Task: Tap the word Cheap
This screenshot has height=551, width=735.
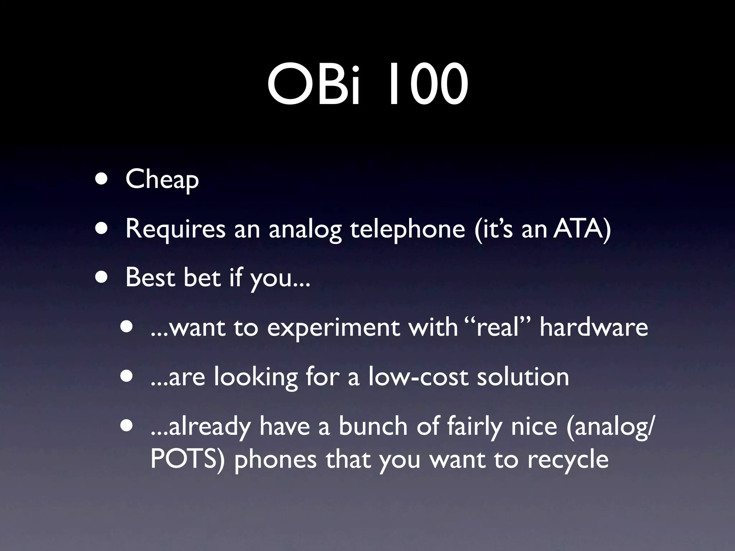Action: click(x=162, y=179)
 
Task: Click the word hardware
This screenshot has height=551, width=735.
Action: click(x=594, y=327)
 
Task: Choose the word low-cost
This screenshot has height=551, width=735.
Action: click(x=418, y=377)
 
